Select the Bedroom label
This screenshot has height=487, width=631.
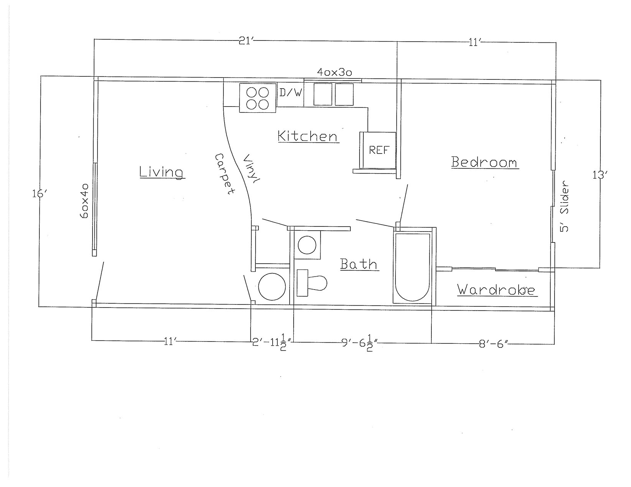tap(484, 162)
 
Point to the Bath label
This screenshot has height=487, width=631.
tap(359, 264)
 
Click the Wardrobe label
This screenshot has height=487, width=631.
tap(496, 290)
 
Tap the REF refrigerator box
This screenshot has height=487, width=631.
tap(379, 150)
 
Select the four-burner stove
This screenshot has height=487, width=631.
tap(257, 98)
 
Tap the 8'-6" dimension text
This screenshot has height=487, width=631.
tap(493, 344)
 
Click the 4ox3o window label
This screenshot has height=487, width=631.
tap(334, 72)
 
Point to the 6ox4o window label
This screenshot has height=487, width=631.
tap(85, 201)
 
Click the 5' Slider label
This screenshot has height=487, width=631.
tap(564, 206)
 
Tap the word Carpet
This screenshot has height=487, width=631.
tap(224, 175)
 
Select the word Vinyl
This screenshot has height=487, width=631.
tap(251, 170)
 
